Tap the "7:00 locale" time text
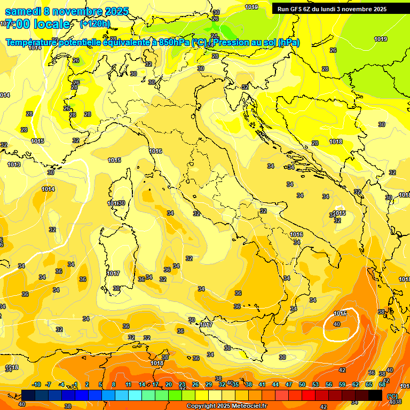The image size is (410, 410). (37, 25)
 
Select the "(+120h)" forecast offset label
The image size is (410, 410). (95, 24)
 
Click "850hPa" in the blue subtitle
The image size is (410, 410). (174, 42)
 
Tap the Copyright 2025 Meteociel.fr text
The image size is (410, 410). (226, 406)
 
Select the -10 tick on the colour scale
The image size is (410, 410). (36, 384)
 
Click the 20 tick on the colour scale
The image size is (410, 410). (169, 384)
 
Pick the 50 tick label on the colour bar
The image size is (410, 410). (302, 384)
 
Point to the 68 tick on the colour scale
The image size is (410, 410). (382, 384)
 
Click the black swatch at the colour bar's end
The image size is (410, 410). (375, 395)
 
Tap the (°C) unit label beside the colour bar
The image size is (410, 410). (392, 396)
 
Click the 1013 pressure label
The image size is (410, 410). (14, 164)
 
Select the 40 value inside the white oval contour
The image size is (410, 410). (337, 324)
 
